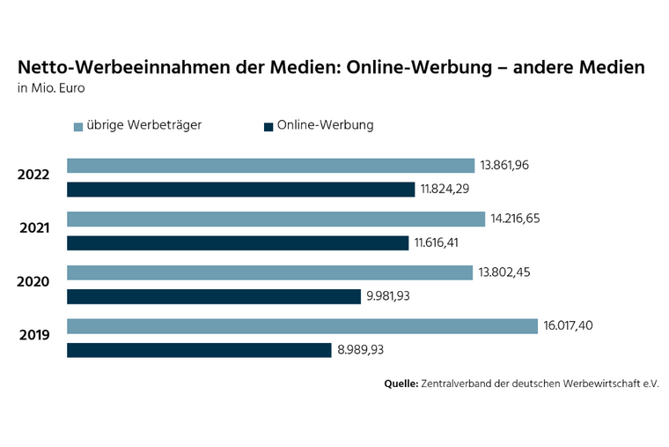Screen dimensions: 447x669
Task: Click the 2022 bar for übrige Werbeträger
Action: [x=271, y=166]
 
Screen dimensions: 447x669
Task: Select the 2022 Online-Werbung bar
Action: [x=240, y=190]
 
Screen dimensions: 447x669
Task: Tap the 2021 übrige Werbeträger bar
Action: [x=276, y=219]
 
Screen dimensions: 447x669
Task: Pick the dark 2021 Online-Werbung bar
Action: [x=238, y=243]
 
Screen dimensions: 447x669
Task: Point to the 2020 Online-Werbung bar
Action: [x=214, y=296]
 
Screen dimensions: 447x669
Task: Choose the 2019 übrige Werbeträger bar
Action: [x=302, y=326]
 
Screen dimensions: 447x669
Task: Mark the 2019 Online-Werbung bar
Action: [x=199, y=350]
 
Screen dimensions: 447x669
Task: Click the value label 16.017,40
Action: [x=568, y=326]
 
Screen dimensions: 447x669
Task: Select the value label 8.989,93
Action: [x=360, y=350]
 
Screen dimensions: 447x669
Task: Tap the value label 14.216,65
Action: [x=516, y=219]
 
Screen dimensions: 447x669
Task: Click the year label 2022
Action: [x=33, y=175]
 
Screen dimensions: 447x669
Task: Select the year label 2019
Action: [x=33, y=336]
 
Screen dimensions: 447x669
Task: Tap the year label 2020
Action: [x=33, y=282]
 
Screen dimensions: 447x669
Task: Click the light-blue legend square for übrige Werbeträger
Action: [x=78, y=127]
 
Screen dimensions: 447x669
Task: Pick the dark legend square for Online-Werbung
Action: [x=268, y=127]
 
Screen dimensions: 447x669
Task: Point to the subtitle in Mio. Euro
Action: [x=51, y=88]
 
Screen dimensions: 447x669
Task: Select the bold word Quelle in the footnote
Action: [x=401, y=384]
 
